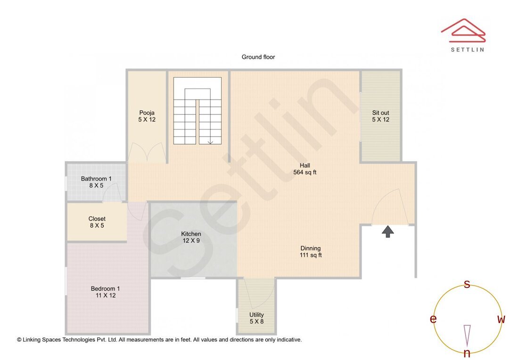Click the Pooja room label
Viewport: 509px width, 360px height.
(147, 116)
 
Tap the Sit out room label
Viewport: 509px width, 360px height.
(380, 116)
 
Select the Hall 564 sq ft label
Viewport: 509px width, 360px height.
(304, 169)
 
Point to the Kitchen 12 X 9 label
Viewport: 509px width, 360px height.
(191, 237)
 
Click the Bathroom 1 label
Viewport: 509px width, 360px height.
(96, 182)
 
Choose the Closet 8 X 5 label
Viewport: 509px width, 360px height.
(97, 222)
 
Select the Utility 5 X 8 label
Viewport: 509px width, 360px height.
(256, 318)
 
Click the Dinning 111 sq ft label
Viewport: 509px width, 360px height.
(311, 252)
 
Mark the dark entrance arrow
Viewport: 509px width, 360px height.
(387, 231)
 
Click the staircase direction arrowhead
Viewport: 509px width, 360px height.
(210, 142)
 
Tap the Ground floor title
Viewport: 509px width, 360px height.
(258, 57)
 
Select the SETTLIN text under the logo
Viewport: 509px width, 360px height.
(467, 49)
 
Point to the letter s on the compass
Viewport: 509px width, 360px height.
(467, 284)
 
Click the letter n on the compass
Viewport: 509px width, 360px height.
(467, 353)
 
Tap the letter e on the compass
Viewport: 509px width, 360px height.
(433, 319)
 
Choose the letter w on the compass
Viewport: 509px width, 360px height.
(501, 319)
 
